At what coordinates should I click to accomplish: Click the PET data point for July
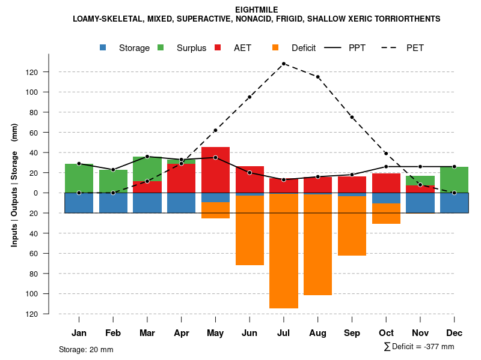tap(283, 64)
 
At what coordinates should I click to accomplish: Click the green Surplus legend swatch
tap(161, 47)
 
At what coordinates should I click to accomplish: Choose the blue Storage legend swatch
tap(103, 47)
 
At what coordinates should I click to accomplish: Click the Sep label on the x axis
tap(352, 333)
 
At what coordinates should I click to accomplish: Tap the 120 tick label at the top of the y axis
tap(32, 72)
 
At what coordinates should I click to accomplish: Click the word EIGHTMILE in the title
tap(257, 9)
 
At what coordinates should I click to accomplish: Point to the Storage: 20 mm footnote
tap(86, 349)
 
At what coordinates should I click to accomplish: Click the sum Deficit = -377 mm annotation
tap(418, 347)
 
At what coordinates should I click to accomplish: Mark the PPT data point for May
tap(215, 157)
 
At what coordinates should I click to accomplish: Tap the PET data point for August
tap(317, 77)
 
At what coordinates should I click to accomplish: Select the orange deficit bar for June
tap(250, 230)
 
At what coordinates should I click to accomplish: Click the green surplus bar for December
tap(454, 179)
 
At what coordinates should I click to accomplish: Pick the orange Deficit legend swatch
tap(275, 47)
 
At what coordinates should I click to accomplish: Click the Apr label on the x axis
tap(182, 333)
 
